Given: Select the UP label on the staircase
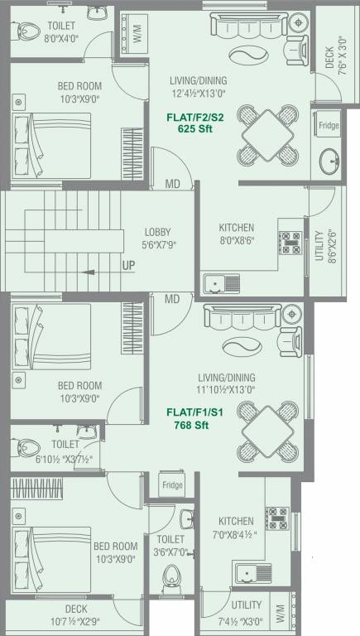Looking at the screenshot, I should [x=129, y=265].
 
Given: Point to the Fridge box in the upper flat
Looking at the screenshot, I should [x=327, y=127].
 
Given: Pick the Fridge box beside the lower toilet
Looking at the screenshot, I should [x=172, y=484].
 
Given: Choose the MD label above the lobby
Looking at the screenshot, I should [x=172, y=184].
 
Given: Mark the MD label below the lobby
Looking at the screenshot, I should [x=172, y=299].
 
